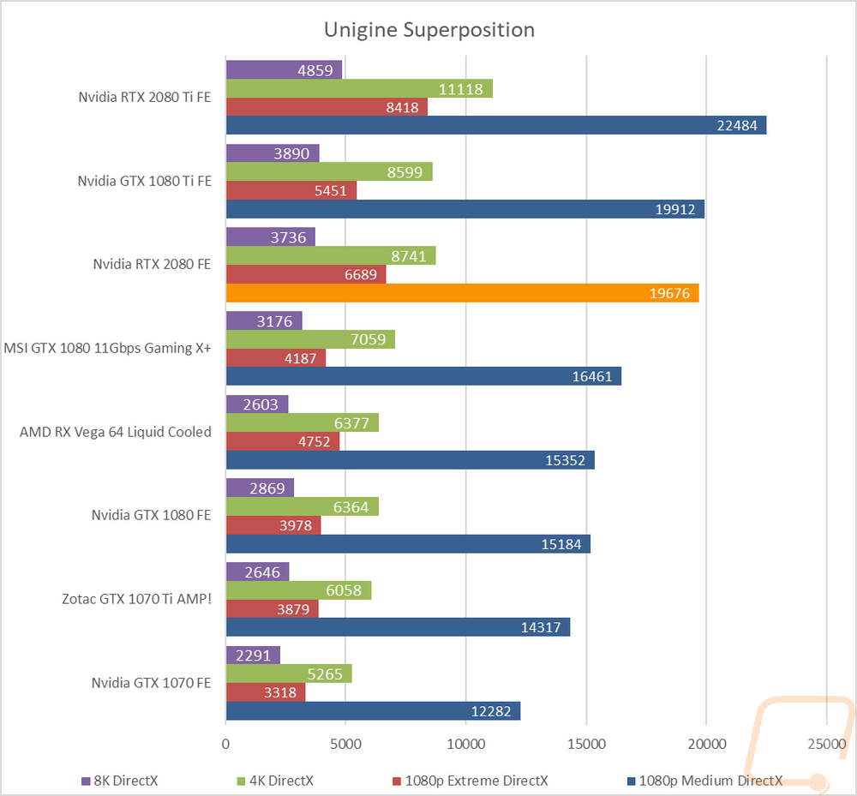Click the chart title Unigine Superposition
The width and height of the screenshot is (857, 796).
pos(429,30)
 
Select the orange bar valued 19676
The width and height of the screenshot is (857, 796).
pos(463,293)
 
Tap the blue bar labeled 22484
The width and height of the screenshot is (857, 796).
pos(496,125)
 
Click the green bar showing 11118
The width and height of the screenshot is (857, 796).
pos(360,88)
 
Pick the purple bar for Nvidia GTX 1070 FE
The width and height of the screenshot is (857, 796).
pos(253,655)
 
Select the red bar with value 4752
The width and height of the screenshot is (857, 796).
pos(283,441)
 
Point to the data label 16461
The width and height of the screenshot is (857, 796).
pos(592,376)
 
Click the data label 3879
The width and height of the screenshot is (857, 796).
pos(293,609)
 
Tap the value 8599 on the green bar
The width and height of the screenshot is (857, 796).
pos(405,172)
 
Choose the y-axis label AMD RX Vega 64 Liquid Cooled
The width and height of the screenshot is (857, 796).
pos(116,432)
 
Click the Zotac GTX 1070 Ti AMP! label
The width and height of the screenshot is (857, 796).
pos(136,599)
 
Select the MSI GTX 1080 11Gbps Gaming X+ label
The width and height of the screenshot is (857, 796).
pos(108,348)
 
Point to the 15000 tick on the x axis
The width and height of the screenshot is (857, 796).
pos(586,744)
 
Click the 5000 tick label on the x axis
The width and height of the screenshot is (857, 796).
pos(345,744)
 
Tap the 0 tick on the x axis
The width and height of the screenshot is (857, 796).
pos(225,744)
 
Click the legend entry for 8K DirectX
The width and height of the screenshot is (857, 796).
pos(120,781)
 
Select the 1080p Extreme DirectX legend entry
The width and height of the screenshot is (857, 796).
pos(470,781)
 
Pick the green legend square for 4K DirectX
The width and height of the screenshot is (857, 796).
pos(241,781)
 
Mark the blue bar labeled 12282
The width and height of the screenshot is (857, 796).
pos(374,711)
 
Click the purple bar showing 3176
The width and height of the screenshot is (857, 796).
pos(264,320)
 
